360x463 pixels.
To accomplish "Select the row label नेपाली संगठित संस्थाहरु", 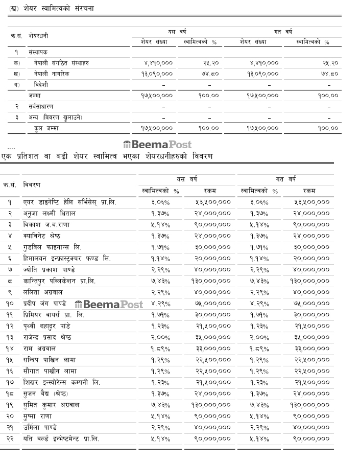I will [x=59, y=63].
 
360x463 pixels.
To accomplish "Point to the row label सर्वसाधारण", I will [x=41, y=106].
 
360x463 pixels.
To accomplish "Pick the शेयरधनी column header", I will [x=39, y=36].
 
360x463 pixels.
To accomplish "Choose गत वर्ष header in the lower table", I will [x=285, y=179].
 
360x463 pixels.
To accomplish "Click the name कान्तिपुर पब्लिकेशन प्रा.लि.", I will [x=59, y=281].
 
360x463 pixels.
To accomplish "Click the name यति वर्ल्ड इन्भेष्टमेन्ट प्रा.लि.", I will [x=61, y=438].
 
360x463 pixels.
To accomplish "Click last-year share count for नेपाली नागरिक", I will [x=259, y=74].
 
